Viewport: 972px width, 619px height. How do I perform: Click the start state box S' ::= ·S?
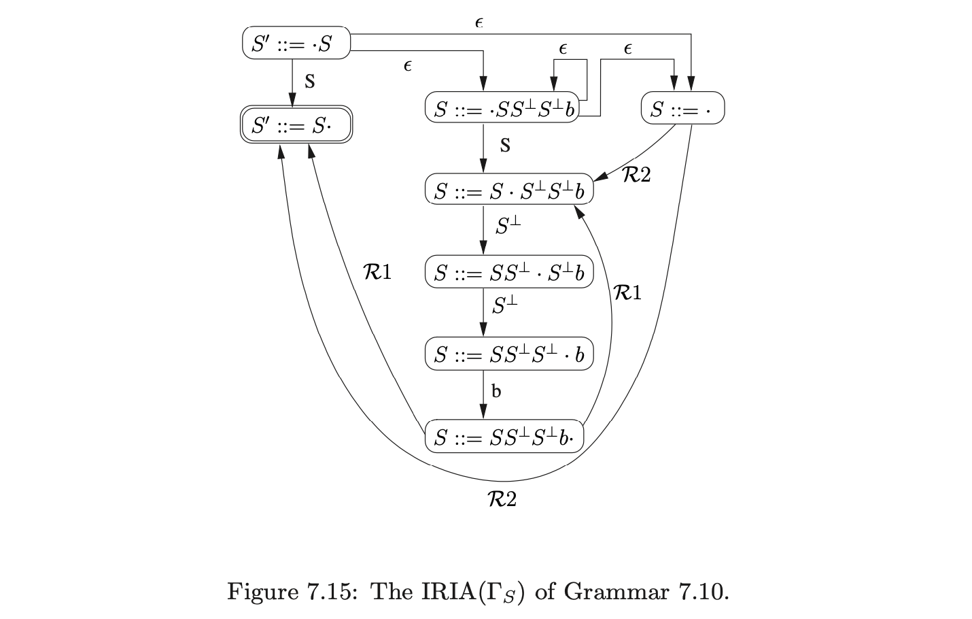(296, 44)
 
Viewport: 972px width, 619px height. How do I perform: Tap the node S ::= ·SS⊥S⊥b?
(502, 109)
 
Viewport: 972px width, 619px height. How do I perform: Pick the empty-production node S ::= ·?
(682, 109)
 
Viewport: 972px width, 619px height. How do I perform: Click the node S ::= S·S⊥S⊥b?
(509, 190)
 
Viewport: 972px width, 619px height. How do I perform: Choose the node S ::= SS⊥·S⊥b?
(509, 272)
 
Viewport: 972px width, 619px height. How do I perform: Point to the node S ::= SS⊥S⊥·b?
(509, 354)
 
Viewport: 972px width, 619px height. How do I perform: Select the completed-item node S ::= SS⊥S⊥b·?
(504, 436)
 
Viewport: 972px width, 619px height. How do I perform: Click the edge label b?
(496, 391)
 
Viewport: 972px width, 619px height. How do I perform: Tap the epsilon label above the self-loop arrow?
(563, 49)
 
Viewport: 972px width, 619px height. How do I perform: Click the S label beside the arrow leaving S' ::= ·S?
(309, 82)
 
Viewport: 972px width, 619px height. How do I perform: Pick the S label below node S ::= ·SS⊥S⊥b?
(504, 145)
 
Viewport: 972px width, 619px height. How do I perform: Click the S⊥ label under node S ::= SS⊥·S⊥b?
(505, 305)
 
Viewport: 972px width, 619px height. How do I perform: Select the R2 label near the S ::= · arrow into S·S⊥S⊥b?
(636, 175)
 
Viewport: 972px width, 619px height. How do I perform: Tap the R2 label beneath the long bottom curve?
(502, 500)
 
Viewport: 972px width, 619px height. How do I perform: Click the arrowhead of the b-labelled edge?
(483, 412)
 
